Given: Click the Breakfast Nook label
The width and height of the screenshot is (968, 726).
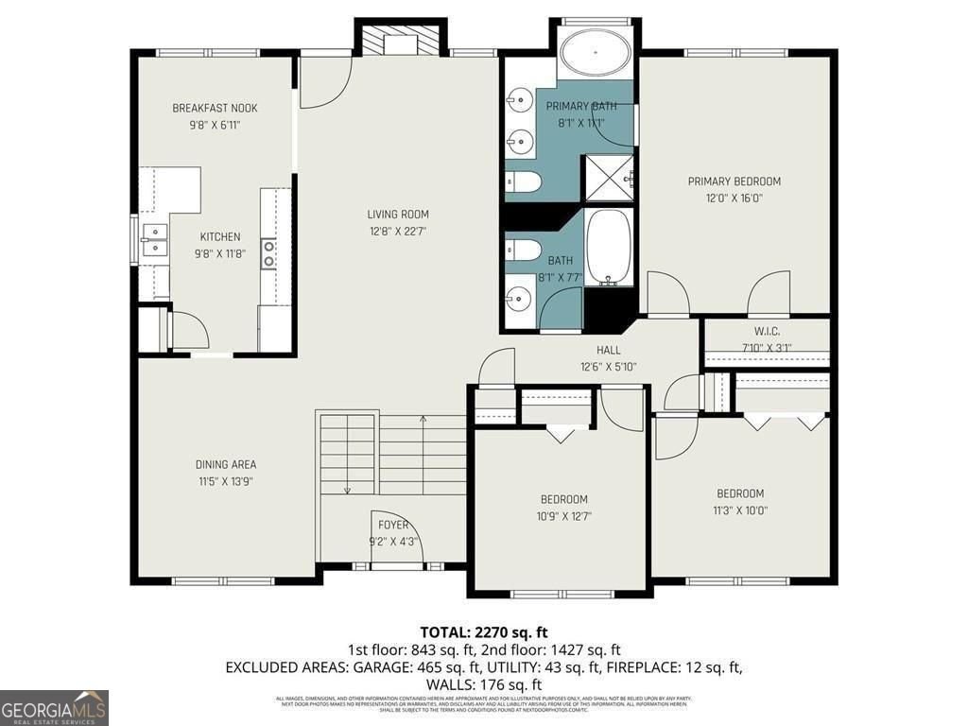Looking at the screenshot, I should click(215, 108).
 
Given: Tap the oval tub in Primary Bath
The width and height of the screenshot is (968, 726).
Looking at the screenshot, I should click(596, 51).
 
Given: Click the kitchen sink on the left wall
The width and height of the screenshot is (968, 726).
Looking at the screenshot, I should click(153, 239).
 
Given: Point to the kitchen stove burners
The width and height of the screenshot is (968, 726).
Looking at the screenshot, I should click(268, 251).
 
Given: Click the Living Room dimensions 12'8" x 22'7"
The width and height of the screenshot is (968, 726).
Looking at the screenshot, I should click(398, 231).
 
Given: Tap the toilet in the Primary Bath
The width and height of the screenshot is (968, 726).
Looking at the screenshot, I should click(521, 182).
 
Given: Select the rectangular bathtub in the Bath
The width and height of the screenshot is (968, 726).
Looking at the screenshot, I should click(609, 248).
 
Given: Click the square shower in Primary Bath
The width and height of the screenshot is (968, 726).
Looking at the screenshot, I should click(608, 179).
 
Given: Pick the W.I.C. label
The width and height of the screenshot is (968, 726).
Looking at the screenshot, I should click(766, 331).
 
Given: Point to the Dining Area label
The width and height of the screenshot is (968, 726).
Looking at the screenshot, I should click(226, 464).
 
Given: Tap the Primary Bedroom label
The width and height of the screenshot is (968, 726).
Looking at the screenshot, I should click(734, 181).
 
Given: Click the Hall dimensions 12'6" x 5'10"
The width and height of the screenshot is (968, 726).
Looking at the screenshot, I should click(608, 367).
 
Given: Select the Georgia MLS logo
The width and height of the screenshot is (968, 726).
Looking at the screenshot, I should click(54, 707).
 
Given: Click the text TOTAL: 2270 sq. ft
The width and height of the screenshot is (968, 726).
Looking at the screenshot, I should click(483, 631).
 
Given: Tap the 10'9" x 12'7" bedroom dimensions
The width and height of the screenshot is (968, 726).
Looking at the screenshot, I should click(563, 516).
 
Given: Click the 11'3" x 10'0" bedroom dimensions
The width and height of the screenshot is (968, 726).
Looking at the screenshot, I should click(740, 510).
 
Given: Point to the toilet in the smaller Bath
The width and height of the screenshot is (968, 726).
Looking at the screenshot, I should click(521, 250).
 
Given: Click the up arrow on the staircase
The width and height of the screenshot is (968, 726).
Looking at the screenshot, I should click(423, 420).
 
